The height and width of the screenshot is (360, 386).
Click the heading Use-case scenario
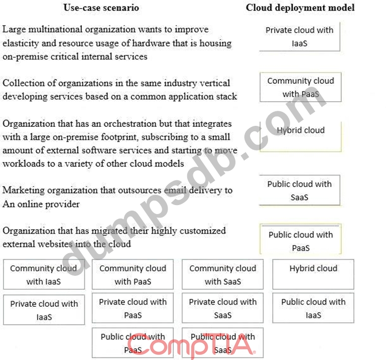tap(101, 8)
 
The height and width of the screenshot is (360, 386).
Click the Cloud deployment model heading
tap(300, 8)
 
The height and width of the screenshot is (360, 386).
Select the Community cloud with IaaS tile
tap(43, 275)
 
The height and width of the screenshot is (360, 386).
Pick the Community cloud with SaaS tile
tap(222, 275)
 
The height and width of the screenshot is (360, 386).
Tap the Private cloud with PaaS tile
tap(133, 308)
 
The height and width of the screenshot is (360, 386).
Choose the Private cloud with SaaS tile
tap(222, 308)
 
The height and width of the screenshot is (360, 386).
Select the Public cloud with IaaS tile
tap(313, 308)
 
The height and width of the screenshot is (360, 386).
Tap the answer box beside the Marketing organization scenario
tap(300, 190)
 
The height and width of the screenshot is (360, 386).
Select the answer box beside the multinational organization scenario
tap(300, 36)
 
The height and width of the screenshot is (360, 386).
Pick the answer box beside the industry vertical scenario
tap(300, 87)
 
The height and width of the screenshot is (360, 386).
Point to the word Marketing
tap(24, 191)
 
